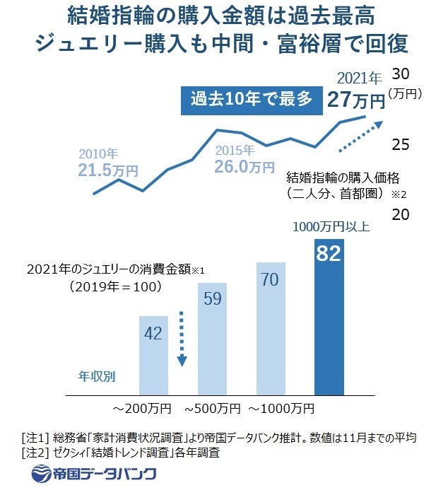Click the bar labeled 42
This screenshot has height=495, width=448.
153,354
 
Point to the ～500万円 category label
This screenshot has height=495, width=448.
213,409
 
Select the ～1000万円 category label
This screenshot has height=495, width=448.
280,409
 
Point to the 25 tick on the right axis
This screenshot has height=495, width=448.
401,145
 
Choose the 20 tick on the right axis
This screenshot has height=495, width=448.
401,214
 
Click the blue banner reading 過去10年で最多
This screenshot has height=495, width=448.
250,99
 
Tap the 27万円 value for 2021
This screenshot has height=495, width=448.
355,100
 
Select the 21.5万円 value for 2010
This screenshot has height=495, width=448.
108,169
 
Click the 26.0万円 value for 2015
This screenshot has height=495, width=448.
244,166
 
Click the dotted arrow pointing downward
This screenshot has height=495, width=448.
182,339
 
